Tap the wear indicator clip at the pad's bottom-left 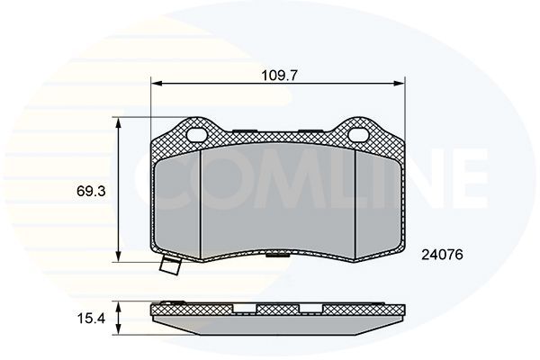coord(168,266)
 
